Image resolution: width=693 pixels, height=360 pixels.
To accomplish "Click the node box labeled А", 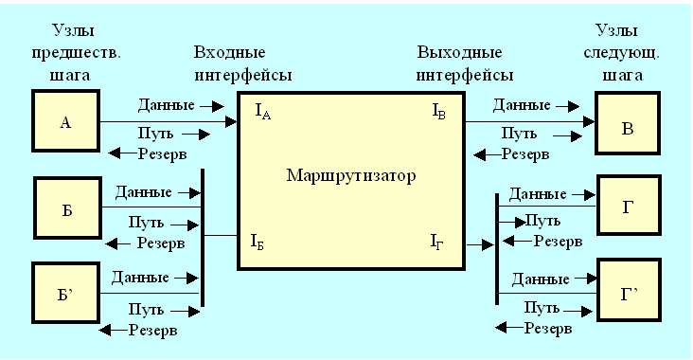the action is point(66,120).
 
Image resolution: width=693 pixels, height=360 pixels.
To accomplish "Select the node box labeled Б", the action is point(67,207).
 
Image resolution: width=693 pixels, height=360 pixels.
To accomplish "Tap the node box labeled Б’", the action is point(66,293).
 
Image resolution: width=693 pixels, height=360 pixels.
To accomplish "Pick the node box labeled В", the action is point(628,123).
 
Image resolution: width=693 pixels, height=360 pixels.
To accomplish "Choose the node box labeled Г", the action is point(629,206).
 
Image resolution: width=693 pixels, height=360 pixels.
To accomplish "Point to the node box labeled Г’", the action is point(629,290).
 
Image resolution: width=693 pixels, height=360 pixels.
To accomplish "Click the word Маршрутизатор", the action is point(351,176).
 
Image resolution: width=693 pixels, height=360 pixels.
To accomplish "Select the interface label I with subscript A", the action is point(263,112).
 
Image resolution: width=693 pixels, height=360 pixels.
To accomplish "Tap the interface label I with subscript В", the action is point(439,112).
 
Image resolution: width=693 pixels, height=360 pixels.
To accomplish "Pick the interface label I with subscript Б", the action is point(258,242).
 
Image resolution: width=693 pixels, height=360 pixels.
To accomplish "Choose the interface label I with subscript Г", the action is point(437,242).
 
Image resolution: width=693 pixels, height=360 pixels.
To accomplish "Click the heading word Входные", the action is point(230,53).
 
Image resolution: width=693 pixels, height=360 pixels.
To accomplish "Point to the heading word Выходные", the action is point(459,53).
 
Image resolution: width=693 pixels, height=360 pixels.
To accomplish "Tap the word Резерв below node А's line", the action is point(162,153).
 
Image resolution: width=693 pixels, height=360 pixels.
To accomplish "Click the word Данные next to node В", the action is point(522,105).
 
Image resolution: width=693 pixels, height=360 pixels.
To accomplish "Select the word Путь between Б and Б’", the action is point(146,223).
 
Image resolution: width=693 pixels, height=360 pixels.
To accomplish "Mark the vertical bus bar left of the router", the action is point(203,238).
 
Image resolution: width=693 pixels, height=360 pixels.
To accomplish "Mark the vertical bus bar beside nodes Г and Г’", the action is point(497,249).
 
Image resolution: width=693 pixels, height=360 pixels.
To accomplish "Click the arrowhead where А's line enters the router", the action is point(232,121).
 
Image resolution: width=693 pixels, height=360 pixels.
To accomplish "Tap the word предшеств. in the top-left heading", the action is point(76,53).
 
